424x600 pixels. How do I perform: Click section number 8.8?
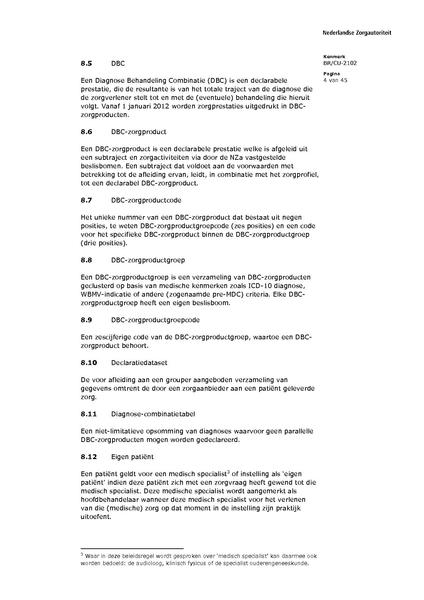coord(87,258)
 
